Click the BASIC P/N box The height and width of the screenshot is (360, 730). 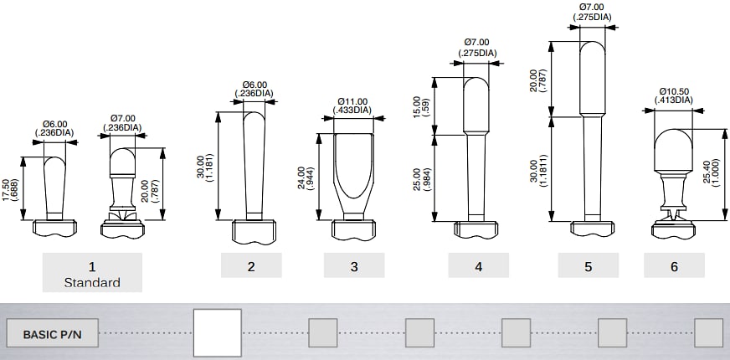51,333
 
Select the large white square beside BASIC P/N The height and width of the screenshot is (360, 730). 218,333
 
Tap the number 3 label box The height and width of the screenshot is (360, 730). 354,266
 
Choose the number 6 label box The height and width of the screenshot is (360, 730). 674,266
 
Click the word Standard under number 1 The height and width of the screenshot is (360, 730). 92,282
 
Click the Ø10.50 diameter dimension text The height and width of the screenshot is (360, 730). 674,95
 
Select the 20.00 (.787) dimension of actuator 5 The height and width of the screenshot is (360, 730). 538,87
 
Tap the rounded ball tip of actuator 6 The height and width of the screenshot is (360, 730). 674,147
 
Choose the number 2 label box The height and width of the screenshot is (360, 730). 251,266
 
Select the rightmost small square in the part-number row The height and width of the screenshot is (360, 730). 708,333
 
